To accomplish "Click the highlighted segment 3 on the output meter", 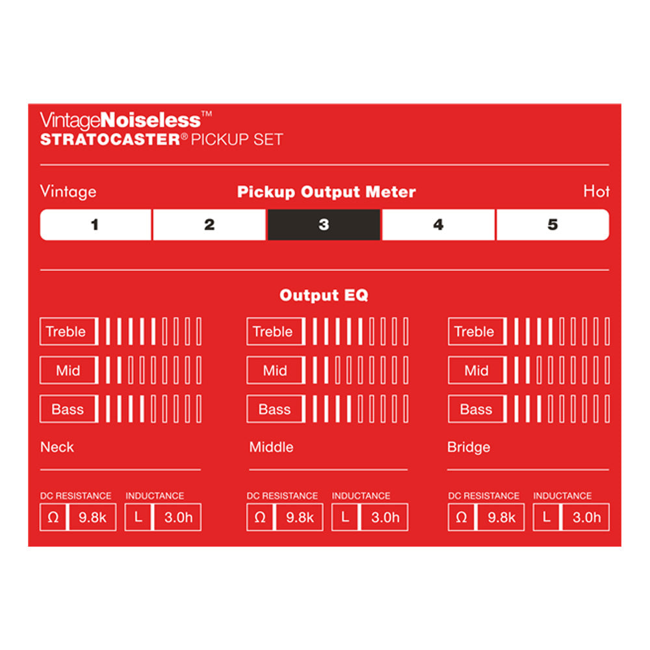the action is pyautogui.click(x=324, y=225).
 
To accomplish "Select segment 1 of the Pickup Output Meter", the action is pyautogui.click(x=96, y=225).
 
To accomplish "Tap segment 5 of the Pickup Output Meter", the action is pyautogui.click(x=553, y=225).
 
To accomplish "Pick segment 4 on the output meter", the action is pyautogui.click(x=438, y=225).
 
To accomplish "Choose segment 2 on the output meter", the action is pyautogui.click(x=209, y=225).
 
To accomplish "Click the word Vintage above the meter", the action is pyautogui.click(x=68, y=192).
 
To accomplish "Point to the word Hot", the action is pyautogui.click(x=596, y=191).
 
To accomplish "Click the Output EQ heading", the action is pyautogui.click(x=324, y=295).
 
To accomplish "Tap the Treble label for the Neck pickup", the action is pyautogui.click(x=66, y=331).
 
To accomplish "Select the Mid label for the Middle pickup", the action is pyautogui.click(x=275, y=370).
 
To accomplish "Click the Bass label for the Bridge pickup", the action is pyautogui.click(x=476, y=409).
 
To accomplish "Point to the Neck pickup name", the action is pyautogui.click(x=57, y=447).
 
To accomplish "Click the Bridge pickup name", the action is pyautogui.click(x=469, y=447).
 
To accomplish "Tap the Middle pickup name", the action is pyautogui.click(x=271, y=447).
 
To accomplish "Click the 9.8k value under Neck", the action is pyautogui.click(x=92, y=517).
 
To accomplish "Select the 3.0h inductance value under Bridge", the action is pyautogui.click(x=586, y=517).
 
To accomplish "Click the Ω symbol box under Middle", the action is pyautogui.click(x=261, y=517).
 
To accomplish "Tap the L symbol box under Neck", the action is pyautogui.click(x=138, y=517).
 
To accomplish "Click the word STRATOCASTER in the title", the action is pyautogui.click(x=110, y=139).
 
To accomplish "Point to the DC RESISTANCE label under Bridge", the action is pyautogui.click(x=484, y=496).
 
